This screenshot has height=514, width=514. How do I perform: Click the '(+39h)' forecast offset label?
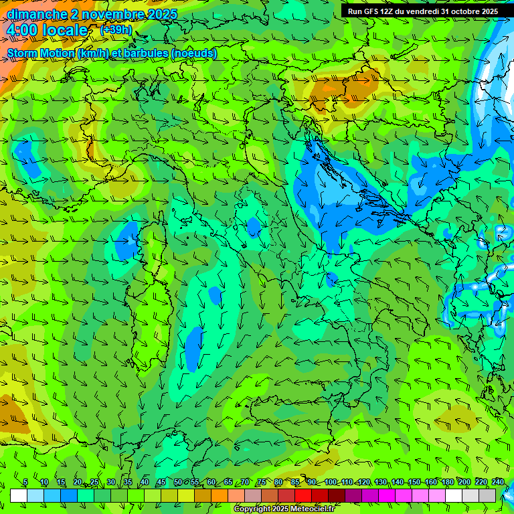[x=116, y=30]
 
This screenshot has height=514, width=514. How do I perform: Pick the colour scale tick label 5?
[x=25, y=483]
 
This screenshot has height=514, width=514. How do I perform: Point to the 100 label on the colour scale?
[x=331, y=483]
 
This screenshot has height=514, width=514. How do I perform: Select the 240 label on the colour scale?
[x=497, y=483]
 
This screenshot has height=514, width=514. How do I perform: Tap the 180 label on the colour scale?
[x=447, y=483]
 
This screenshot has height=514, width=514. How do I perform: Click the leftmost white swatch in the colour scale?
[x=19, y=495]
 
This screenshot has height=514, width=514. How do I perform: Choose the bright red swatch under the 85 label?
[x=303, y=495]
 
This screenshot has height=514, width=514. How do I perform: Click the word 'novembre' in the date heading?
[x=108, y=14]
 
